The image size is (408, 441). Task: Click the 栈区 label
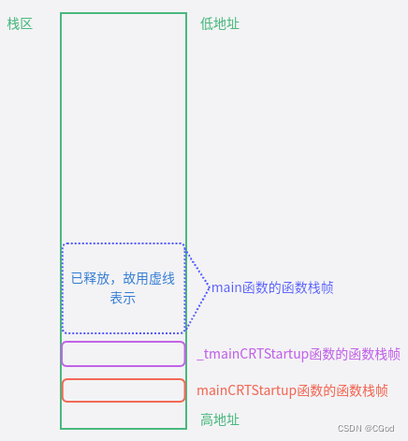20,23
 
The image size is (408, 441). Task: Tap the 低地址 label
220,23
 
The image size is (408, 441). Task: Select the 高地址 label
220,419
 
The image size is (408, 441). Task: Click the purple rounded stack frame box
124,354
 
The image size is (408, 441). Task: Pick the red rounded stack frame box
124,390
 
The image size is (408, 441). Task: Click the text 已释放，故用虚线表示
123,287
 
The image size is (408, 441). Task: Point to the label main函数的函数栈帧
272,288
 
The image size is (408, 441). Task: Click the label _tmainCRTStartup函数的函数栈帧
299,354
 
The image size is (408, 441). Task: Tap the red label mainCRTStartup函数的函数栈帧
292,390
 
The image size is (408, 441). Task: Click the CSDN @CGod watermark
366,428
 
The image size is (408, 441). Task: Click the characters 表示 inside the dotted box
123,298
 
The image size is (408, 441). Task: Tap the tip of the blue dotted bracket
210,288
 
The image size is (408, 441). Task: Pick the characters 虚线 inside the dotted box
162,278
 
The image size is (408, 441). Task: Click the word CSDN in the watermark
350,428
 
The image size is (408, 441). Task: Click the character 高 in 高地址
207,419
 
